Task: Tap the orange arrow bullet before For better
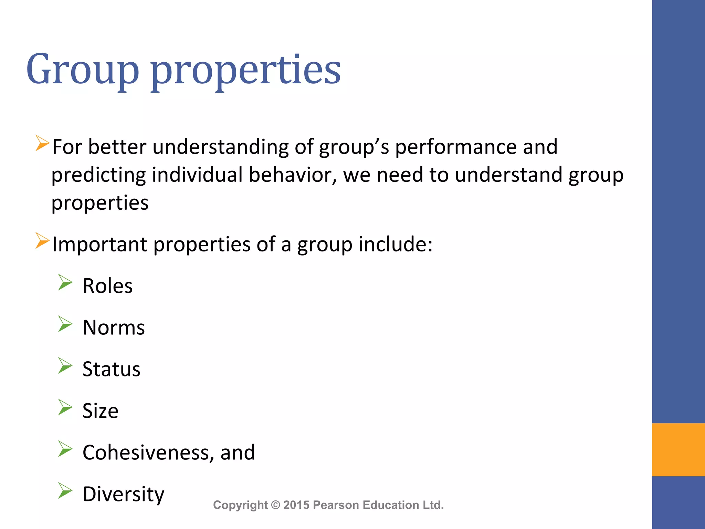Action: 42,143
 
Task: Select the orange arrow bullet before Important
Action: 42,241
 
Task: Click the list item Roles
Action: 107,286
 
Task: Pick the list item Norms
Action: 114,328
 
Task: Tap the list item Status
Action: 111,369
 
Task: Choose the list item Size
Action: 100,411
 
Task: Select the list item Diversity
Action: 123,494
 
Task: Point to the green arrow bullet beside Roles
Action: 65,282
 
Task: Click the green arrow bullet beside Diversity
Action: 65,490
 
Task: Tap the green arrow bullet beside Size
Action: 65,407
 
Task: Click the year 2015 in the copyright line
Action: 296,505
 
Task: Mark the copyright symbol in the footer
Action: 275,505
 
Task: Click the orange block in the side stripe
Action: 678,449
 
